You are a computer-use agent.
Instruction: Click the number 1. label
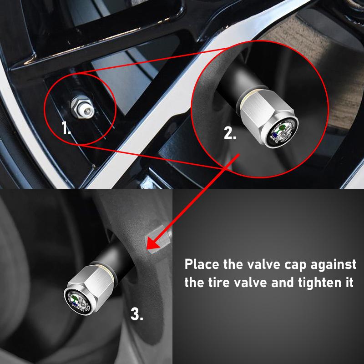[66, 129]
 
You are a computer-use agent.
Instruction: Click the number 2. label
[230, 133]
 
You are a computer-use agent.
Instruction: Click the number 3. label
[137, 313]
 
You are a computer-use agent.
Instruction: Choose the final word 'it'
[349, 282]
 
